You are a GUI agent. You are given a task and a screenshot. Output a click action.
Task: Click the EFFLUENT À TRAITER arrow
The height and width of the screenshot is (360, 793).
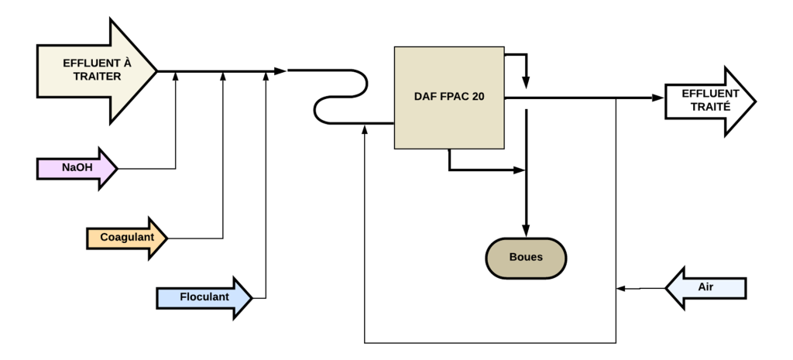point(93,71)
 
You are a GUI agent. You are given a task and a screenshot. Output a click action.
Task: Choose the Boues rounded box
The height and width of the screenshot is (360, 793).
point(526,258)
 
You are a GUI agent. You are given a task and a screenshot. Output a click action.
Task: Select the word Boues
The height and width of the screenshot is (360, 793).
point(526,258)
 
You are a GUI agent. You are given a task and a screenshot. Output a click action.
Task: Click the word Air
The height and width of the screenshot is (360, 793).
point(705,287)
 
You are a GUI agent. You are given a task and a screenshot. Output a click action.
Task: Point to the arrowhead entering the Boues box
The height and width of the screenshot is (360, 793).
point(527,230)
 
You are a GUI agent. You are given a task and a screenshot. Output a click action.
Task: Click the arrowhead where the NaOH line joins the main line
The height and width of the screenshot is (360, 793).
point(176,74)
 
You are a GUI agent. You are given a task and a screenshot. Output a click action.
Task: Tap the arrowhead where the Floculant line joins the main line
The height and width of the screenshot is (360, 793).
point(266,74)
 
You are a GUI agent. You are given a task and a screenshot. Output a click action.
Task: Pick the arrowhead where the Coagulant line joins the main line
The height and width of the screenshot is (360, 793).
point(223,74)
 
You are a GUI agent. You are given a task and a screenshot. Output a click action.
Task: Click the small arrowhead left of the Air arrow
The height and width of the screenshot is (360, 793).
point(620,289)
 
